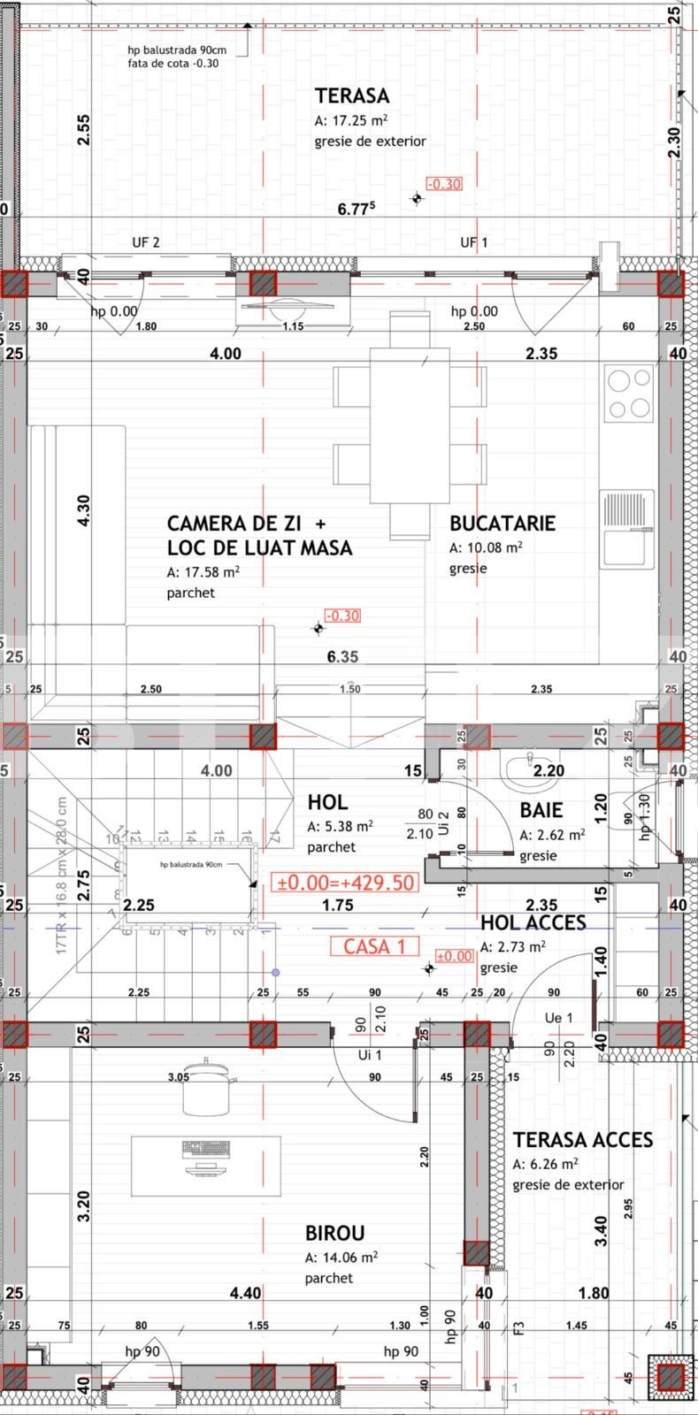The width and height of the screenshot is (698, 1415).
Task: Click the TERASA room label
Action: pyautogui.click(x=351, y=96)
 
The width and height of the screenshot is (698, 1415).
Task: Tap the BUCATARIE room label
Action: pyautogui.click(x=502, y=523)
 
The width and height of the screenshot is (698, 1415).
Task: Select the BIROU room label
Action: pyautogui.click(x=334, y=1233)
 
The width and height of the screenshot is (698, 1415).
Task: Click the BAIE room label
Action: pyautogui.click(x=541, y=810)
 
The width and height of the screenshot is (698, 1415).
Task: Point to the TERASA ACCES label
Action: pyautogui.click(x=582, y=1140)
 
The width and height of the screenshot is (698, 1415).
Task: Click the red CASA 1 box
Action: pyautogui.click(x=373, y=946)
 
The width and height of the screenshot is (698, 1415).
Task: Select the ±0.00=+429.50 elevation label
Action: pyautogui.click(x=346, y=883)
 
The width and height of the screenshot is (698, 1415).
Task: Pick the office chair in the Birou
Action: pyautogui.click(x=209, y=1086)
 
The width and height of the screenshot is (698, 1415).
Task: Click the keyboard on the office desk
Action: pyautogui.click(x=206, y=1149)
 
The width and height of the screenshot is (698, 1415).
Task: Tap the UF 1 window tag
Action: pyautogui.click(x=473, y=242)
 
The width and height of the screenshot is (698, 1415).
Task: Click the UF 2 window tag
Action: pyautogui.click(x=146, y=242)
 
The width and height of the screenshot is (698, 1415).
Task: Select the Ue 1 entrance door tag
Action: pyautogui.click(x=559, y=1018)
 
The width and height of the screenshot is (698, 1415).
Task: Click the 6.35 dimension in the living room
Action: pyautogui.click(x=342, y=656)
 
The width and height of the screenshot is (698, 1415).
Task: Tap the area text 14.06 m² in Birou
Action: pyautogui.click(x=341, y=1257)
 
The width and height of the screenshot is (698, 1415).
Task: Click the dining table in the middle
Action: pyautogui.click(x=410, y=425)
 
